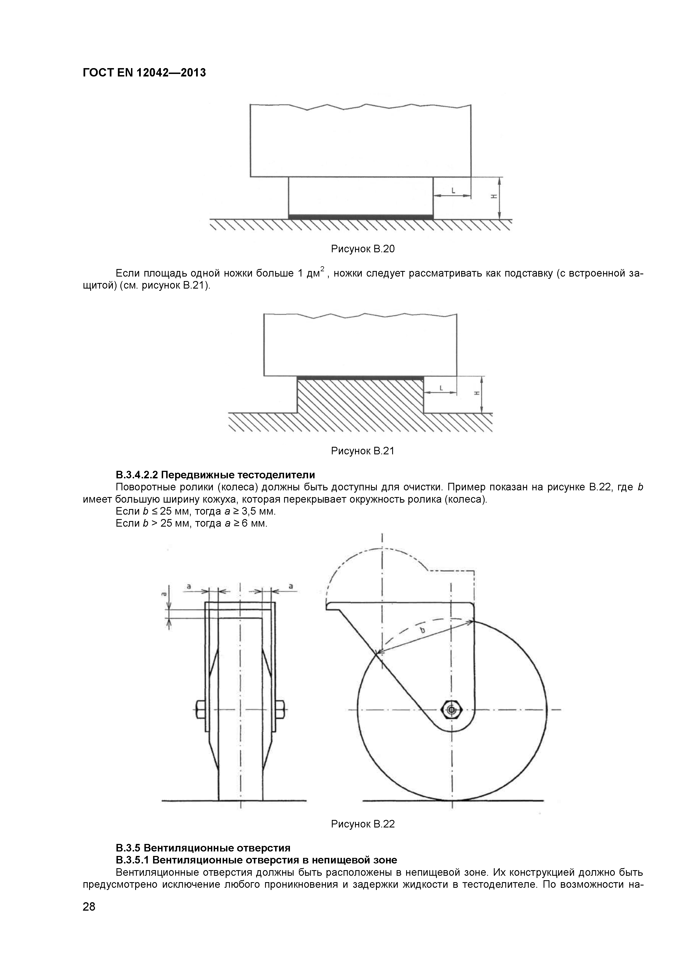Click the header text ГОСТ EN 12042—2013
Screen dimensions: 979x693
pyautogui.click(x=144, y=73)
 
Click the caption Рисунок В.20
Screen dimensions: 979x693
pyautogui.click(x=363, y=249)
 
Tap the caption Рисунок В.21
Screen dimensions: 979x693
pyautogui.click(x=363, y=451)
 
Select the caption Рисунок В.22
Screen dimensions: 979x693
pyautogui.click(x=363, y=824)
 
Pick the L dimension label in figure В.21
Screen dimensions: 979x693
pyautogui.click(x=441, y=388)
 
